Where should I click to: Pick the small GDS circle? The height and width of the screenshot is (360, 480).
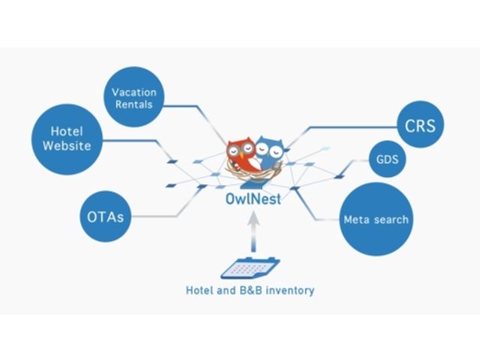click(x=388, y=160)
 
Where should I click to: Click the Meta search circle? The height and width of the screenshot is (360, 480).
click(x=375, y=219)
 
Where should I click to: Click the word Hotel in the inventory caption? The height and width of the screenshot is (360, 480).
click(x=200, y=289)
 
